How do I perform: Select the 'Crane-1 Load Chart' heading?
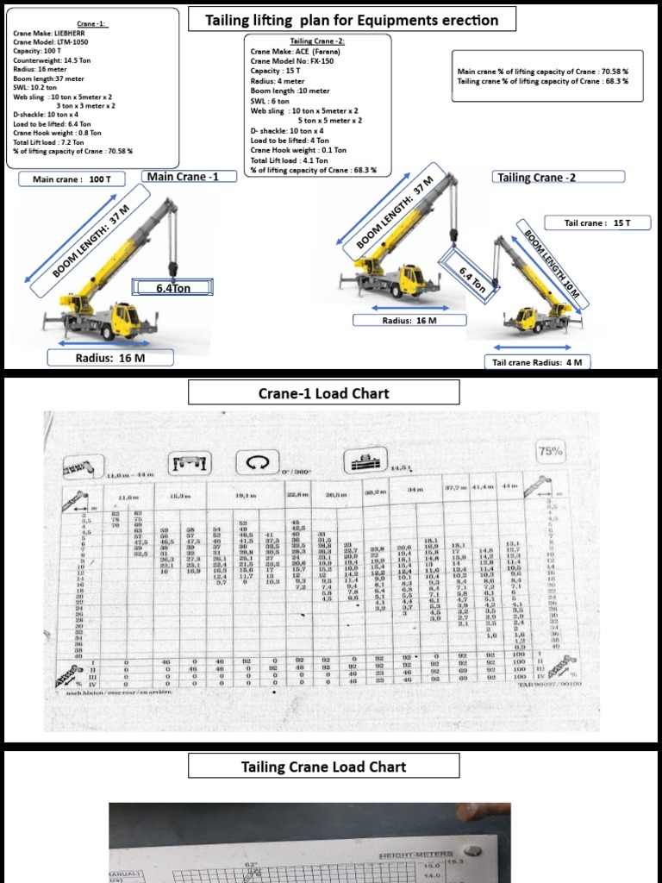(x=323, y=393)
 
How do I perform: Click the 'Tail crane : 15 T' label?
(x=596, y=222)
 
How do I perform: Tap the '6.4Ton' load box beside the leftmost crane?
(x=172, y=288)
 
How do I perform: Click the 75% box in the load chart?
(x=549, y=451)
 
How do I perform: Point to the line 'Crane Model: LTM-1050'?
(x=50, y=41)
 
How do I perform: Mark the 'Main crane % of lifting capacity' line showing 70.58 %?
(x=542, y=72)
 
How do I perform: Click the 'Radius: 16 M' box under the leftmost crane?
(x=110, y=358)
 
